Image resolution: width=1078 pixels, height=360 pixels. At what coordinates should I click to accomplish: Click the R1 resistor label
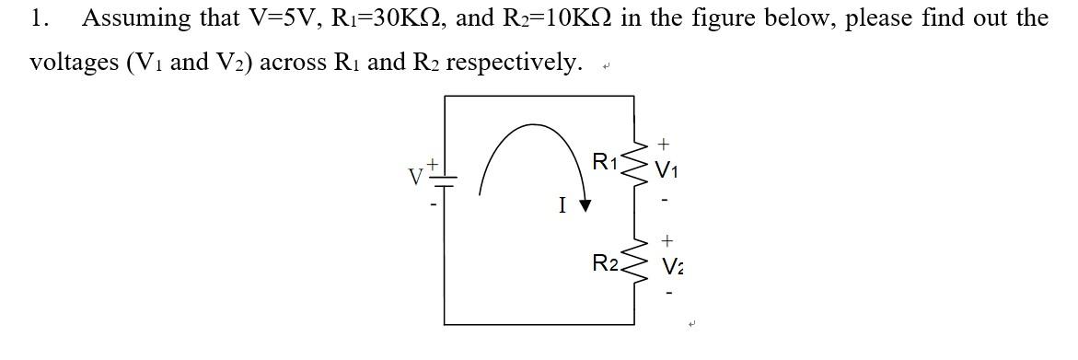pyautogui.click(x=605, y=163)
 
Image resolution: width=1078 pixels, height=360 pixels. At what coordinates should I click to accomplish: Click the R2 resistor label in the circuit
pyautogui.click(x=605, y=264)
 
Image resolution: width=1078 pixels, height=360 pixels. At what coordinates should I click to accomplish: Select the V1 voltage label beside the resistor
pyautogui.click(x=667, y=170)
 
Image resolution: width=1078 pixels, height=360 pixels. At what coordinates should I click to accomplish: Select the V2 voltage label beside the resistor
pyautogui.click(x=672, y=268)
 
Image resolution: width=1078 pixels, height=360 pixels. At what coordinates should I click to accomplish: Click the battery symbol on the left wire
pyautogui.click(x=445, y=180)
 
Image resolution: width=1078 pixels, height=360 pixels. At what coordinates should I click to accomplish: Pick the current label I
pyautogui.click(x=562, y=205)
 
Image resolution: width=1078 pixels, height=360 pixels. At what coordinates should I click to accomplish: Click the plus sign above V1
pyautogui.click(x=665, y=144)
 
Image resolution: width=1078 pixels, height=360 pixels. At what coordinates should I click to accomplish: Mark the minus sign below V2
pyautogui.click(x=669, y=294)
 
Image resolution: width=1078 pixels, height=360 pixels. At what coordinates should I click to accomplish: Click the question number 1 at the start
pyautogui.click(x=38, y=17)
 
